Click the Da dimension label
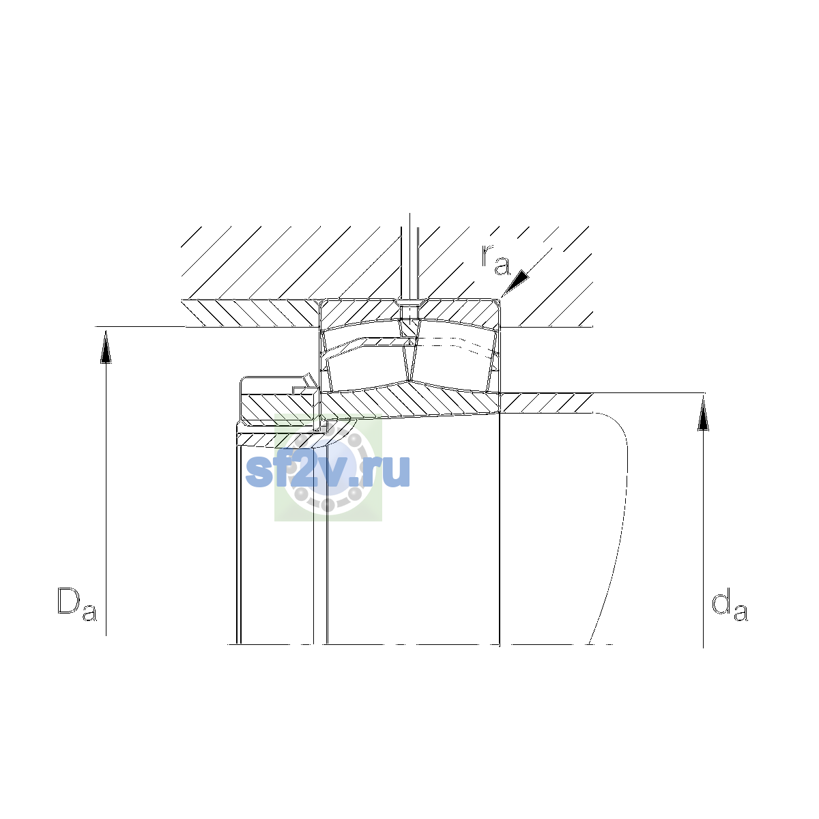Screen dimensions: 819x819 pos(77,604)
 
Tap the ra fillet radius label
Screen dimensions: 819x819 pos(495,259)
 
